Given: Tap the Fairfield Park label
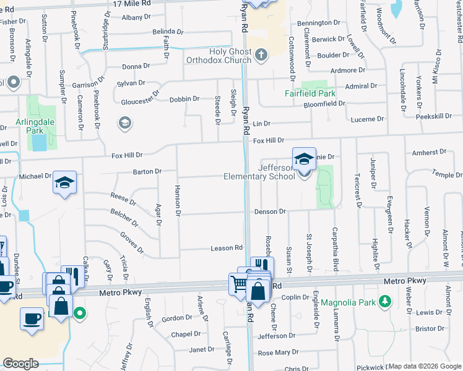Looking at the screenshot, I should coord(309,94).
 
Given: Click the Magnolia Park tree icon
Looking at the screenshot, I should coord(386,301).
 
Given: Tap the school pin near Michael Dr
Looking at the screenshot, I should coord(64,183).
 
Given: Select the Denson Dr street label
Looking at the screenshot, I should coord(269,211).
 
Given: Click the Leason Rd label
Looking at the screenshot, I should coord(227,248).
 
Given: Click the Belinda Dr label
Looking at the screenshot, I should coord(168,32).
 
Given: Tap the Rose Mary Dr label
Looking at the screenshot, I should coord(278,352).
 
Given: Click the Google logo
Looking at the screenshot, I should coord(21,364).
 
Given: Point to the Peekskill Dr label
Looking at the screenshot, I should coord(441,116).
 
